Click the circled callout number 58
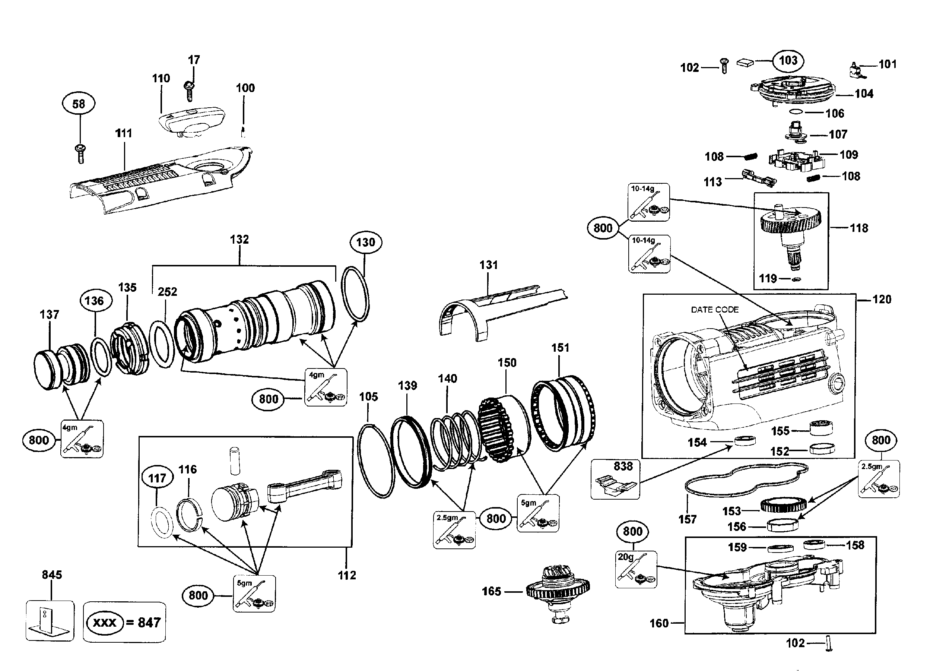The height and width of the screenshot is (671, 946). pyautogui.click(x=79, y=104)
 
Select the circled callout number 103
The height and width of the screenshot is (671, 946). pyautogui.click(x=788, y=61)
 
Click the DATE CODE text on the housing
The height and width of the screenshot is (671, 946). pyautogui.click(x=714, y=310)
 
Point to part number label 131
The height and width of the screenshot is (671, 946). pyautogui.click(x=489, y=265)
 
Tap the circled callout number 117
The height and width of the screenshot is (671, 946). pyautogui.click(x=157, y=478)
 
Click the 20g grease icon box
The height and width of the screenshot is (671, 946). pyautogui.click(x=636, y=569)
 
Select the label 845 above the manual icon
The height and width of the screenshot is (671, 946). pyautogui.click(x=52, y=575)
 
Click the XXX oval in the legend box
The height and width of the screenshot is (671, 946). pyautogui.click(x=104, y=622)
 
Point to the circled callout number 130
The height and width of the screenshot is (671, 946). pyautogui.click(x=365, y=242)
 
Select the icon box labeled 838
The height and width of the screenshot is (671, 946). pyautogui.click(x=615, y=479)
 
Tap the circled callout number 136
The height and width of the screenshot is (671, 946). pyautogui.click(x=95, y=301)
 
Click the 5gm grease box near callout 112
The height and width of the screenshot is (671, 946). pyautogui.click(x=254, y=594)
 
